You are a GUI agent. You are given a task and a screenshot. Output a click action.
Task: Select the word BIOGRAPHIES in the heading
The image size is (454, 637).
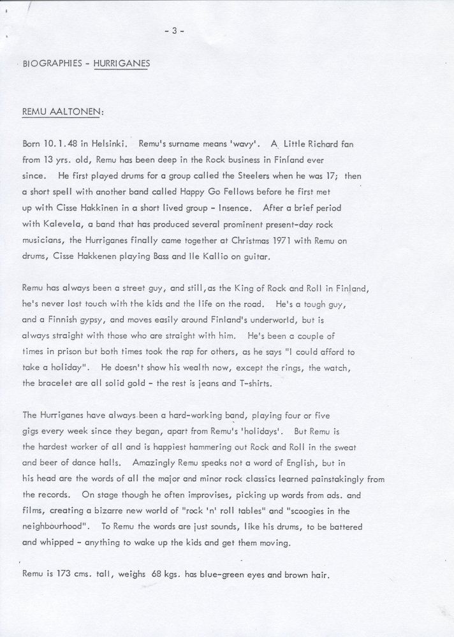click(50, 64)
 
